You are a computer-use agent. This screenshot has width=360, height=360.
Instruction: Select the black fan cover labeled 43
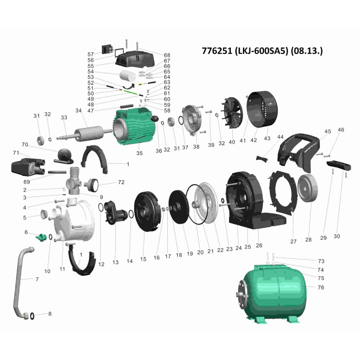pyautogui.click(x=262, y=112)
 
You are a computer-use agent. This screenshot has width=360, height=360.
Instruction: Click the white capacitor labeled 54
pyautogui.click(x=128, y=75)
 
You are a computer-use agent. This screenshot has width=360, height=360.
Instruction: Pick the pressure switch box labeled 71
pyautogui.click(x=28, y=166)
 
